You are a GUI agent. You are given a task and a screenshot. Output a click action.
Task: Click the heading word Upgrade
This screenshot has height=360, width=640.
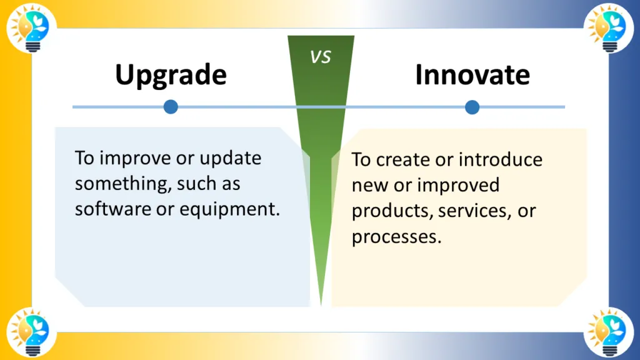(171, 75)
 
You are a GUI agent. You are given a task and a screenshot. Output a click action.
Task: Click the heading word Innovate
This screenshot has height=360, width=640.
(472, 75)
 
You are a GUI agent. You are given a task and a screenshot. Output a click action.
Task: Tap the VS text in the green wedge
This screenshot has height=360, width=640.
(321, 57)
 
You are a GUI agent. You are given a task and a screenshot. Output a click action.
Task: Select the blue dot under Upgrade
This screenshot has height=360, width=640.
(171, 107)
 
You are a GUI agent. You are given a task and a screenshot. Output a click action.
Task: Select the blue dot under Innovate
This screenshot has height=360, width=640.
(472, 107)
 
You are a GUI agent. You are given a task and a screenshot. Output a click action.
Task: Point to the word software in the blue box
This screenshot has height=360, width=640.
(104, 209)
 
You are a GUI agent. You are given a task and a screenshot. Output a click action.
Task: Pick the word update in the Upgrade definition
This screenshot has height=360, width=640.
(230, 158)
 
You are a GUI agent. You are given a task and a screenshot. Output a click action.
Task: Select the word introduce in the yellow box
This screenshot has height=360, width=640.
(501, 160)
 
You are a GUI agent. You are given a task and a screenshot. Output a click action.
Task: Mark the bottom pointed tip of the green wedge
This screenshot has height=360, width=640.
(321, 304)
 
